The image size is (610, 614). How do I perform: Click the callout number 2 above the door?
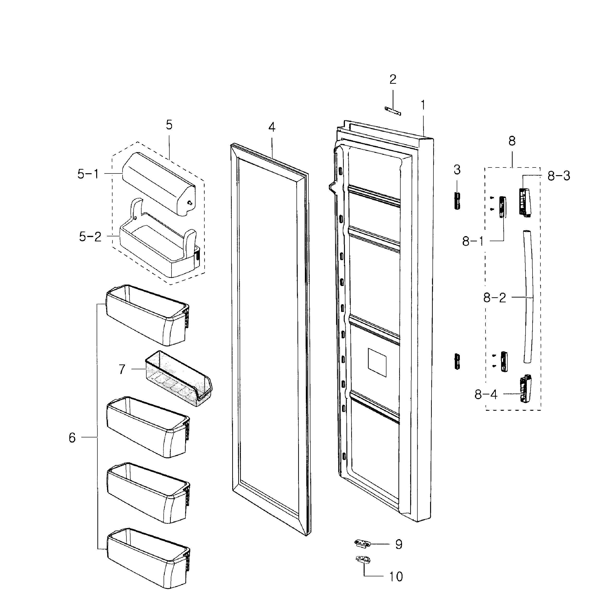click(393, 79)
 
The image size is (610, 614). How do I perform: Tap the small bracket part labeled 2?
click(393, 111)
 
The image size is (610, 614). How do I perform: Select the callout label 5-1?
click(88, 174)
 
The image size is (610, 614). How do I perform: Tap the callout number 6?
click(72, 438)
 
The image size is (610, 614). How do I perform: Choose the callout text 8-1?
click(473, 242)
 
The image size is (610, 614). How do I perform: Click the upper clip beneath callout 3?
click(457, 201)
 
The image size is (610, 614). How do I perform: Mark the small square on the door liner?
click(377, 362)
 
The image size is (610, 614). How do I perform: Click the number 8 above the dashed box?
click(512, 141)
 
